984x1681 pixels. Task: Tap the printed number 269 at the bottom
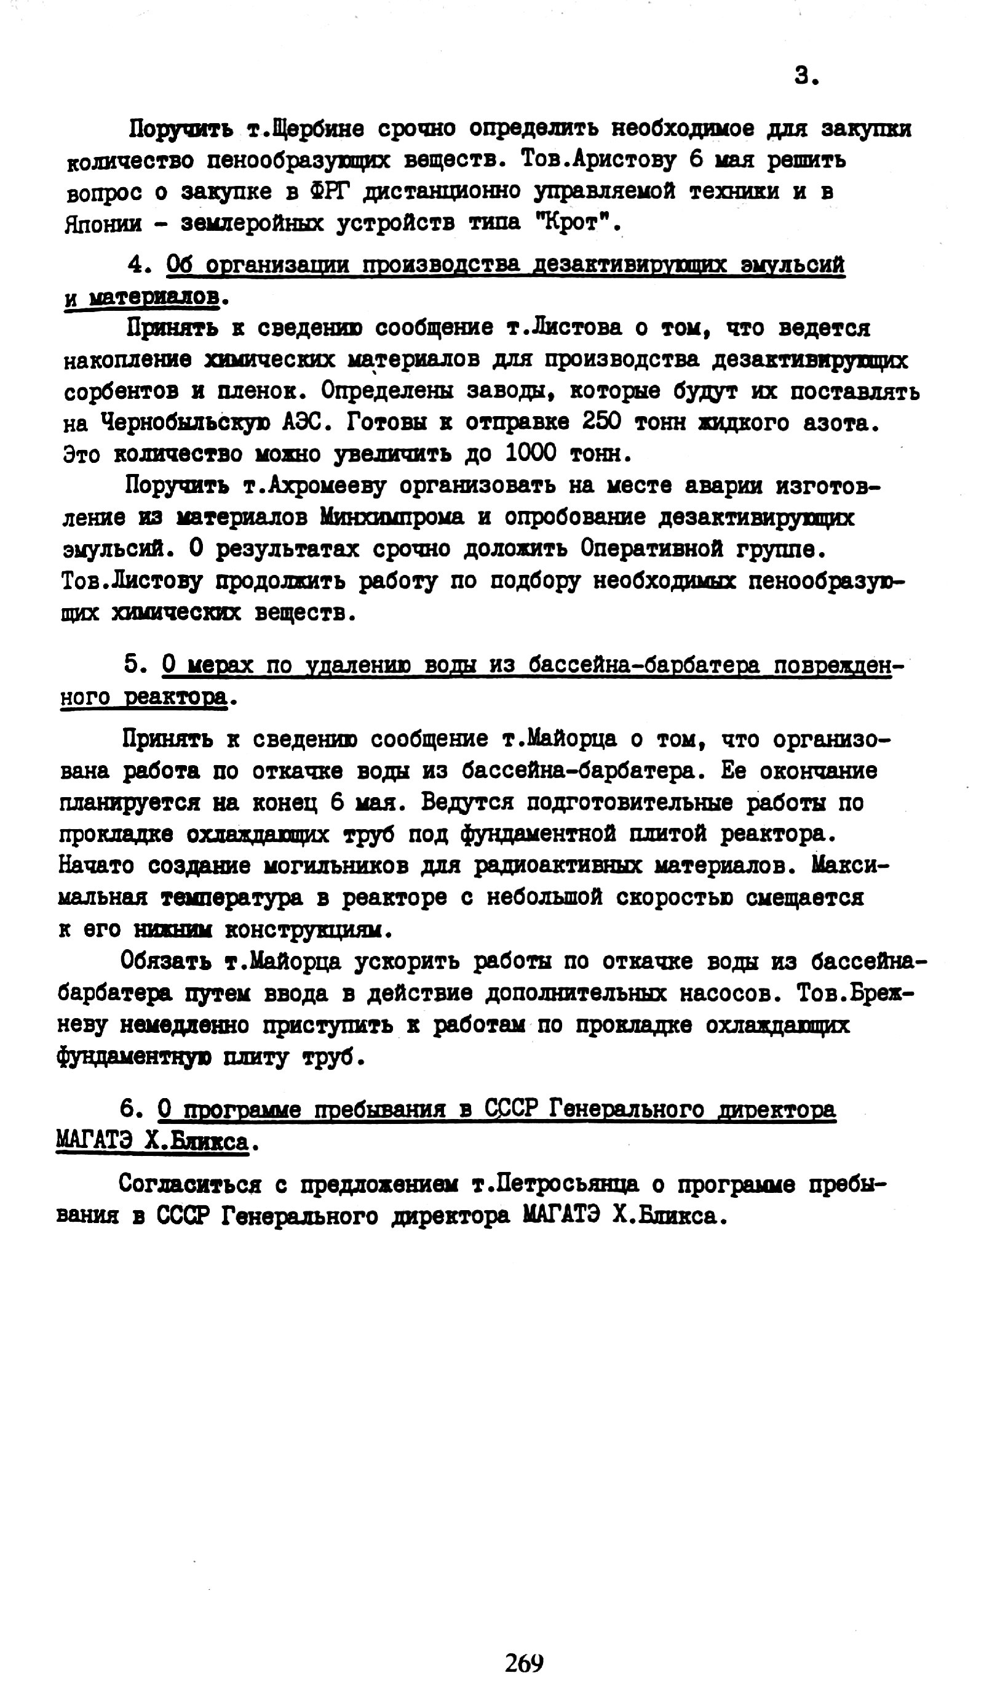(x=524, y=1663)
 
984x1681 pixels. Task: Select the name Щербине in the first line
(x=304, y=128)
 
